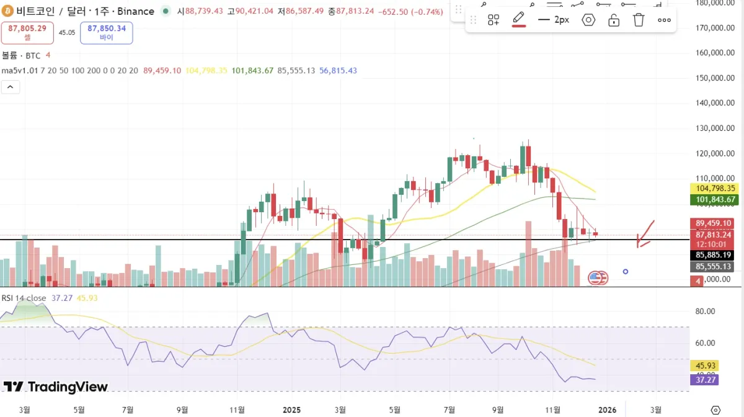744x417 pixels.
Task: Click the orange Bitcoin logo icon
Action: click(7, 11)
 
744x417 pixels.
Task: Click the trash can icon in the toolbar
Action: click(639, 20)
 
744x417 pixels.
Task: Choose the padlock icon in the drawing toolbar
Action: click(614, 20)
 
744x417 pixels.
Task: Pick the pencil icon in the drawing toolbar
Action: click(519, 19)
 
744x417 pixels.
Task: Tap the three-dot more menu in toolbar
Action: click(664, 20)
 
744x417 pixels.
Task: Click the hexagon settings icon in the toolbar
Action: click(588, 20)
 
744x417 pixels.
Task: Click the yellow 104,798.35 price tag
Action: click(714, 188)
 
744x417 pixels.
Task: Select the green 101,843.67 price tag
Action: click(714, 199)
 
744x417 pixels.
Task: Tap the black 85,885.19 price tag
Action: click(714, 254)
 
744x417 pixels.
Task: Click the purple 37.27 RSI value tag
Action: click(704, 379)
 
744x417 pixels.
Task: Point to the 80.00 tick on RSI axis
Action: click(706, 312)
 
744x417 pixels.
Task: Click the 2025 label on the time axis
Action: click(291, 410)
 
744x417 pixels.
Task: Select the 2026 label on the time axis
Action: click(607, 410)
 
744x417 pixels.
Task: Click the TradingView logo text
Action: click(56, 387)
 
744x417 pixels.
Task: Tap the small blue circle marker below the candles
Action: click(626, 271)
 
